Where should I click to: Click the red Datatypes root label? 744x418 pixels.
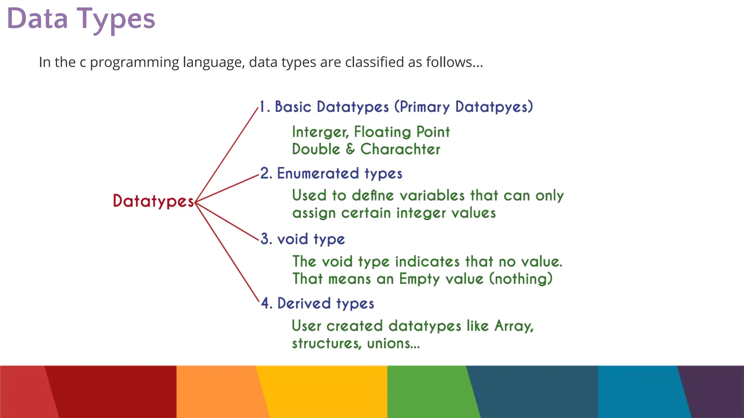[153, 201]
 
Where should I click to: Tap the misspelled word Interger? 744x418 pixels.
[320, 132]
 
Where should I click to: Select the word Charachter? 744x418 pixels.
[400, 149]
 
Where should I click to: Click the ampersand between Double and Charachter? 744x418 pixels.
[350, 149]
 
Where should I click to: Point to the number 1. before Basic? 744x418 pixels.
[264, 107]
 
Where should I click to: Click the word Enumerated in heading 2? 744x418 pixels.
[318, 173]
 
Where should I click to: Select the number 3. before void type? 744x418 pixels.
[266, 239]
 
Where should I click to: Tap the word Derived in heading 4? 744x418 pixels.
[304, 303]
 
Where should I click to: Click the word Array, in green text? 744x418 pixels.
[514, 326]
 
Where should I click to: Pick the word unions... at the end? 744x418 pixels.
[393, 343]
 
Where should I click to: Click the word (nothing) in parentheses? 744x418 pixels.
[521, 279]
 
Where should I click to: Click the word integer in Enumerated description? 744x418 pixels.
[421, 213]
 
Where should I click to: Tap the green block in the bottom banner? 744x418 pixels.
[429, 392]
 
